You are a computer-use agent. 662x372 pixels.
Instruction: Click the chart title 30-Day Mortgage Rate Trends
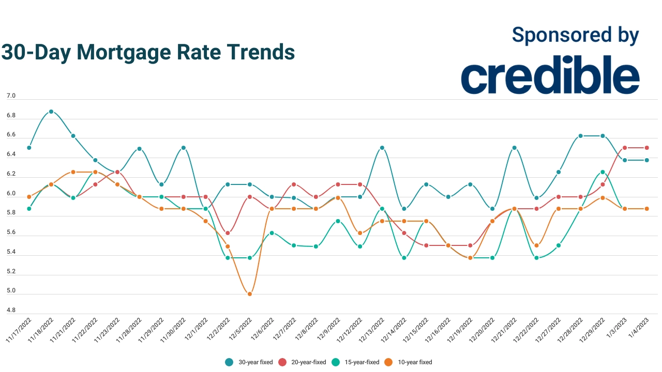tap(148, 52)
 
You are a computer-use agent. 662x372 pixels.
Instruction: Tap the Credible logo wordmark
tap(550, 76)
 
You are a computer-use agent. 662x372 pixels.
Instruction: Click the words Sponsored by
tap(575, 35)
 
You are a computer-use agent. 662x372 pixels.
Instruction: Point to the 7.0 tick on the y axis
tap(11, 96)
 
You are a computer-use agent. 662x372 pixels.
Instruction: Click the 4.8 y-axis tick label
tap(11, 311)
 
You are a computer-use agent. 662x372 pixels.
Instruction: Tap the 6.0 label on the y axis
tap(11, 194)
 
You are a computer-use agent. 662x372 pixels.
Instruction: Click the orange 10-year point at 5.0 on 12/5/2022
tap(250, 294)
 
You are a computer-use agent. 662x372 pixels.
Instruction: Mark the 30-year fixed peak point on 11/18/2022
tap(51, 112)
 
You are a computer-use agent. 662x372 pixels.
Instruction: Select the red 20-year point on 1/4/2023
tap(647, 148)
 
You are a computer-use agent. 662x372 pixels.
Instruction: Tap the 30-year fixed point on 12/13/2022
tap(382, 148)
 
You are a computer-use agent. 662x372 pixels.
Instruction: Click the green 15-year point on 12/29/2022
tap(603, 172)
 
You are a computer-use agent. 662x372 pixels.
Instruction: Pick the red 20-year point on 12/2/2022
tap(228, 233)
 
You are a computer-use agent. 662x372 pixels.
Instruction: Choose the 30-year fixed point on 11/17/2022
tap(29, 148)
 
